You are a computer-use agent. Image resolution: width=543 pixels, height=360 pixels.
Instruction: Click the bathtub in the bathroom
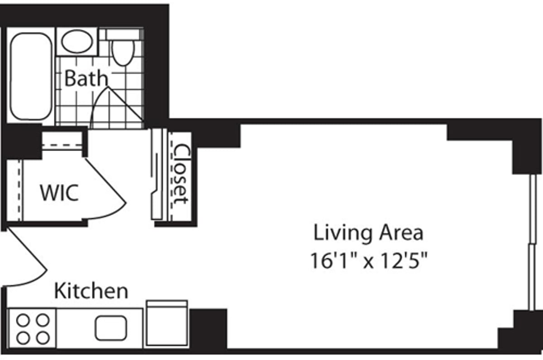coord(30,76)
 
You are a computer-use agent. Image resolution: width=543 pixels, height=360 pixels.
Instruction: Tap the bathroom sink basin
coord(76,42)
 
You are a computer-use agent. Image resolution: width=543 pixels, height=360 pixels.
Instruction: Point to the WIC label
coord(59,193)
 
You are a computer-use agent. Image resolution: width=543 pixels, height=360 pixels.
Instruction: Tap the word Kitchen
coord(91,291)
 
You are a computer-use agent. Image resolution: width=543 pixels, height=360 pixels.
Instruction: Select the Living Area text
coord(369,233)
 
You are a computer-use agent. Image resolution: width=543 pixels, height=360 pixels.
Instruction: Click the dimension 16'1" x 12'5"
coord(369,261)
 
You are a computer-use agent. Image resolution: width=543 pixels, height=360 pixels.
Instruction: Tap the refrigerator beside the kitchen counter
coord(167,324)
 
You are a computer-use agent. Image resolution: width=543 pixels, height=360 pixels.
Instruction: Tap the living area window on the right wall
coord(532,242)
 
